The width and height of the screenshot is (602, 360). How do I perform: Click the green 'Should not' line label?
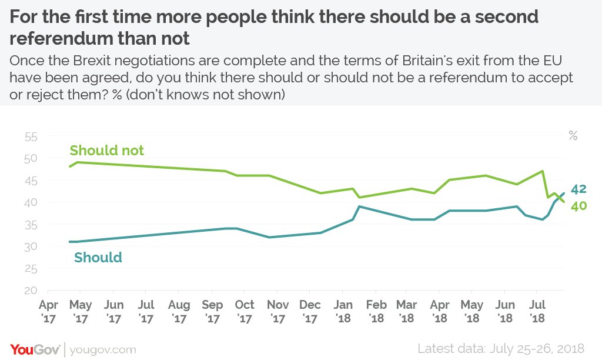tap(106, 151)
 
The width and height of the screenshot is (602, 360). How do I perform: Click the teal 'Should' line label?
tap(98, 258)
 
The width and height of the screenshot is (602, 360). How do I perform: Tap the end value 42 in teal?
tap(578, 189)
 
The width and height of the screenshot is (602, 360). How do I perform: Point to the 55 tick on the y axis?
tap(31, 137)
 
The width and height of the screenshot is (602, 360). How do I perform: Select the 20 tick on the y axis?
tap(31, 291)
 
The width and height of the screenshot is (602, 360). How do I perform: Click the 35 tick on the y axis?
tap(31, 225)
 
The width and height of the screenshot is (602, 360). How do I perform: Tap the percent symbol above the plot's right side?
tap(573, 136)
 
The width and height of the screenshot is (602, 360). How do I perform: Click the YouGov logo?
tap(35, 349)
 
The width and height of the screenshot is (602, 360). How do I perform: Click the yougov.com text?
tap(103, 349)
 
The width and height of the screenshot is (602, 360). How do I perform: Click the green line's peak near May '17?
tap(77, 162)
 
